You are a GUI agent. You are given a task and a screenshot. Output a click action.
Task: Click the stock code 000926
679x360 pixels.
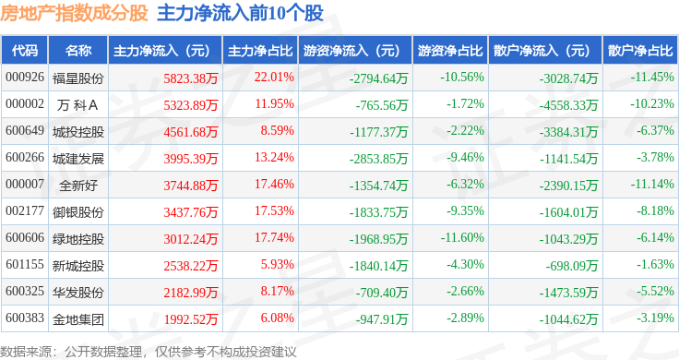(25, 78)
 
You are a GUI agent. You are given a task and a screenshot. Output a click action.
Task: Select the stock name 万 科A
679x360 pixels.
(77, 105)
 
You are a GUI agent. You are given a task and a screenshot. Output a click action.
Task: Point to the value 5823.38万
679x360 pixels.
(191, 78)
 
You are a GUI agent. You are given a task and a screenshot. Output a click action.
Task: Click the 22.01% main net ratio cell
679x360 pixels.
(274, 78)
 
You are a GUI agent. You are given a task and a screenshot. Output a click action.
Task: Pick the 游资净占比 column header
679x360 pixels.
(450, 51)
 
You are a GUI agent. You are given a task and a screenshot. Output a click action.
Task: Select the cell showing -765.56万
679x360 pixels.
(382, 105)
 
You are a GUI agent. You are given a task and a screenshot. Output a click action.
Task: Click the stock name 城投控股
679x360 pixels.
(78, 132)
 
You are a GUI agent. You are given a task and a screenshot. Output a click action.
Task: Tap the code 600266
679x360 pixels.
(25, 157)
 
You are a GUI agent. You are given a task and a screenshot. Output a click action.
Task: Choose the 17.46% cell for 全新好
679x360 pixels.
(274, 184)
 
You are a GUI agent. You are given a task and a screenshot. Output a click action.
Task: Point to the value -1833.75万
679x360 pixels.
(379, 212)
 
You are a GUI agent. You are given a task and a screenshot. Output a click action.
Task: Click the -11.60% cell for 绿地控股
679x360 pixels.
(462, 238)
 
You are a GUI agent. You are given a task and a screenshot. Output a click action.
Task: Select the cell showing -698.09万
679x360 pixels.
(572, 266)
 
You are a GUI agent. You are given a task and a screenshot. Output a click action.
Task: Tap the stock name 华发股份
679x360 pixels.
(78, 293)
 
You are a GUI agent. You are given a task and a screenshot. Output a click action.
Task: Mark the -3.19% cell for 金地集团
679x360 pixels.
(655, 318)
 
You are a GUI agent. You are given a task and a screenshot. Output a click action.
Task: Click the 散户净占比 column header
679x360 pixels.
(640, 51)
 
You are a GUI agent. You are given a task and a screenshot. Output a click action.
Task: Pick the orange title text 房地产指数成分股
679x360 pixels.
(74, 13)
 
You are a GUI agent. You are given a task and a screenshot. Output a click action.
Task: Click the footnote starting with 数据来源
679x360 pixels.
(149, 352)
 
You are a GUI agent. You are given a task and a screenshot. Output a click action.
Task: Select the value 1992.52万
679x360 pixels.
(191, 319)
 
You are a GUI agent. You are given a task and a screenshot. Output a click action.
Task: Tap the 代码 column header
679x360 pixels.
(25, 51)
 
